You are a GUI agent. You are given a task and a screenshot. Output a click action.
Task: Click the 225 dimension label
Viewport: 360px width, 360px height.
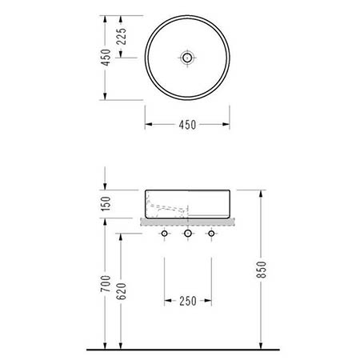coord(122,36)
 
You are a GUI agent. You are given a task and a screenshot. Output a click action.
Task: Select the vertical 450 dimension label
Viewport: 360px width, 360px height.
coord(106,58)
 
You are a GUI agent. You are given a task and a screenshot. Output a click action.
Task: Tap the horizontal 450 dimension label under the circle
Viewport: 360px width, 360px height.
coord(187,125)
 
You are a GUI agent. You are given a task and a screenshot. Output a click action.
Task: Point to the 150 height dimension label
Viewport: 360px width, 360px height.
coord(106,203)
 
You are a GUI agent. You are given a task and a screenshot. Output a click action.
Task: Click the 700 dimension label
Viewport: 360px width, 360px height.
coord(106,283)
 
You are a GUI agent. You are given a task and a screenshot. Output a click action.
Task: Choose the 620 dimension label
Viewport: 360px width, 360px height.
coord(122,291)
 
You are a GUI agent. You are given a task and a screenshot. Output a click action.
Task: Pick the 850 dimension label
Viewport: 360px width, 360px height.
coord(262,270)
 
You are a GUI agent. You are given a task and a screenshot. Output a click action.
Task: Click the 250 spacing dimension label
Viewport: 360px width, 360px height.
coord(188,301)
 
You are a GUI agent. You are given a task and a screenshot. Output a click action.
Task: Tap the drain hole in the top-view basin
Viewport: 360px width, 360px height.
coord(187,58)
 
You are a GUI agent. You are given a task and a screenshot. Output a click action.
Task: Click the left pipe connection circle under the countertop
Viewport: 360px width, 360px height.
coord(164,234)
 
